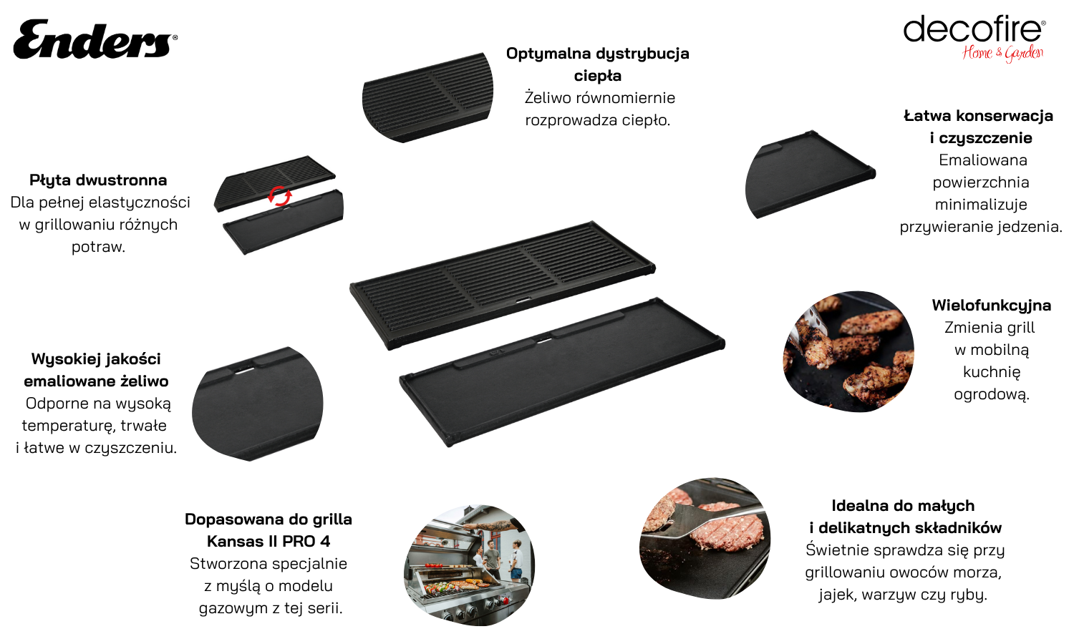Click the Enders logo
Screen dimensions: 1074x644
[x=95, y=39]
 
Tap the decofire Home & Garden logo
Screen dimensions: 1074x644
[x=974, y=39]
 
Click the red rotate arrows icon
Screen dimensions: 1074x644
[x=279, y=196]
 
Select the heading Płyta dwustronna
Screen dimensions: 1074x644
[x=98, y=180]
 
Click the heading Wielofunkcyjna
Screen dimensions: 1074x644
[x=992, y=306]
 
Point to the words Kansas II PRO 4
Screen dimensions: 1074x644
[x=268, y=542]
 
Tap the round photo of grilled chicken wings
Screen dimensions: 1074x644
[x=848, y=351]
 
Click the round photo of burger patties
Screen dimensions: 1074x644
[x=705, y=537]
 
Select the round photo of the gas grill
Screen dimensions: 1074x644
[x=469, y=565]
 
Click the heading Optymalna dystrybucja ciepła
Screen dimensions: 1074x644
[x=597, y=64]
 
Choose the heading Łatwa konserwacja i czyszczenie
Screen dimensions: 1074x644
[x=979, y=127]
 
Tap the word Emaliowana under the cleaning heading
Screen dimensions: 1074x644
[x=983, y=160]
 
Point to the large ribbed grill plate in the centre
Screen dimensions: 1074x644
[x=503, y=285]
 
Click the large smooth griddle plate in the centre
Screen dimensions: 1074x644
[x=562, y=372]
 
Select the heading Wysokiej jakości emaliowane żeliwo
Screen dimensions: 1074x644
[x=97, y=370]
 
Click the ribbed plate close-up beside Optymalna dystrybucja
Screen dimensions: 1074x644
[x=427, y=97]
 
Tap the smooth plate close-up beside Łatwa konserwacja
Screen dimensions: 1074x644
[x=811, y=175]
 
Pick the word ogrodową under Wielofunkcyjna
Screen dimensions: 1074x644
[x=992, y=394]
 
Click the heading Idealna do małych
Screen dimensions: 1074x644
[x=904, y=505]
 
